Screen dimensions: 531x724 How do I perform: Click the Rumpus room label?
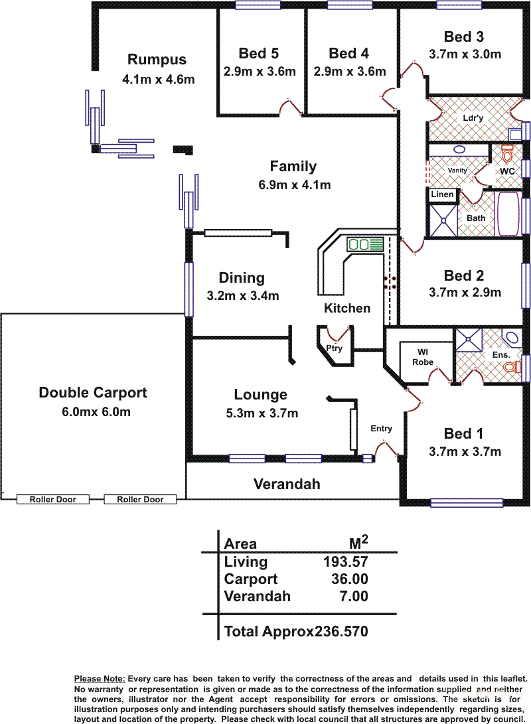(157, 60)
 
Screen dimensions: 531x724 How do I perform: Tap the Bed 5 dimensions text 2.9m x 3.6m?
(260, 72)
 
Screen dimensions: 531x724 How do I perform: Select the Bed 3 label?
(463, 36)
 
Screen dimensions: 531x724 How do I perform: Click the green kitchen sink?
(365, 244)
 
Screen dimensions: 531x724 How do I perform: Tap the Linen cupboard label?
(442, 194)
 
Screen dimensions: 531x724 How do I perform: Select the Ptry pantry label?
(335, 348)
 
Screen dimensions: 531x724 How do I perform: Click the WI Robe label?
(423, 357)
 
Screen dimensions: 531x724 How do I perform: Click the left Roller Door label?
(52, 499)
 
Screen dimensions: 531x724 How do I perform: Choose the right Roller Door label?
(140, 499)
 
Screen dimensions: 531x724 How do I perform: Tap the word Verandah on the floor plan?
(287, 484)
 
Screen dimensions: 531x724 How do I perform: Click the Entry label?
(382, 429)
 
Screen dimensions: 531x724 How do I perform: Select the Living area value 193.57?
(345, 562)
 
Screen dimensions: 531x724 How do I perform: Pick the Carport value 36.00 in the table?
(350, 579)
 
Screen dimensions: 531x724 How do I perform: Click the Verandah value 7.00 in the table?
(354, 596)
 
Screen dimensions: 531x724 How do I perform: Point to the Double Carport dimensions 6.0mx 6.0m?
(96, 411)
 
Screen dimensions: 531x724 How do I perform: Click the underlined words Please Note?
(100, 679)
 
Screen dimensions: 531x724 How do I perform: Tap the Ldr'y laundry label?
(473, 117)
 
